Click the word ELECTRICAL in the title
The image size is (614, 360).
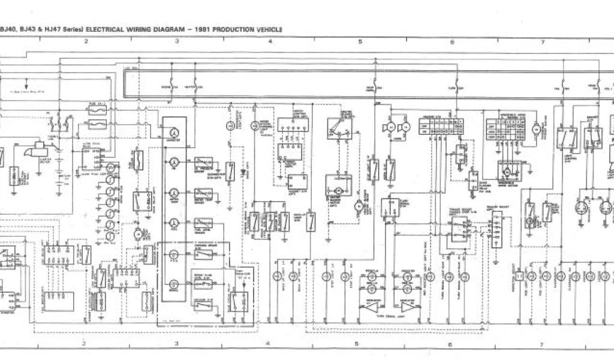click(106, 28)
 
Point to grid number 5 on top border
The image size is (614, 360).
click(360, 41)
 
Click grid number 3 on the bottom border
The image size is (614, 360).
click(177, 344)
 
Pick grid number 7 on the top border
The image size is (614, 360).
click(542, 41)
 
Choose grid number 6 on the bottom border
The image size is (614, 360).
click(450, 344)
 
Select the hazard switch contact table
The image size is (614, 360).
click(442, 127)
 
